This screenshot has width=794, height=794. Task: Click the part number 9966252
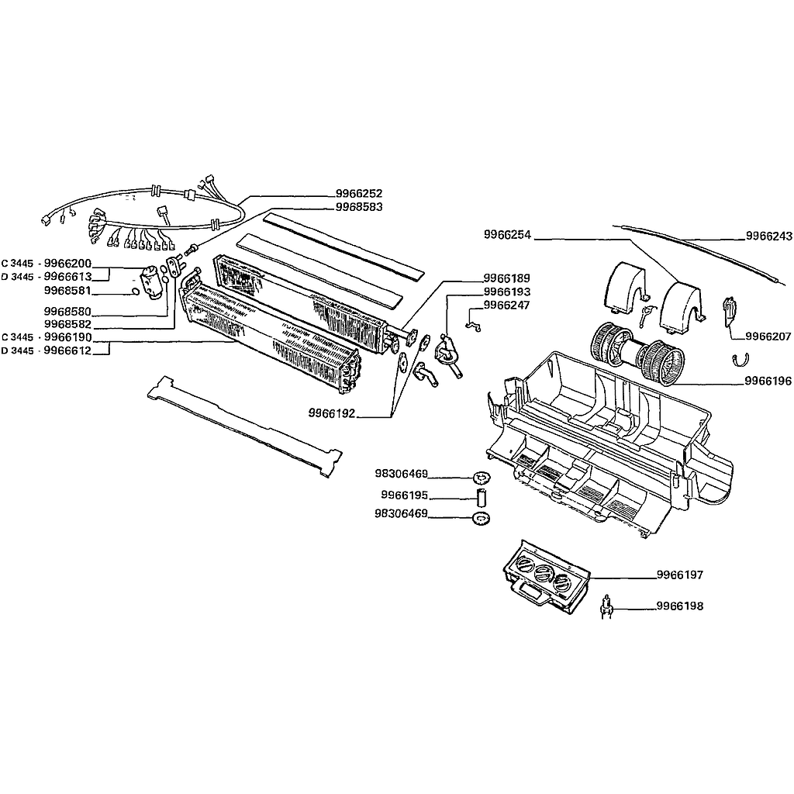pos(359,193)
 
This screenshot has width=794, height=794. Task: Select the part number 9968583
pos(359,207)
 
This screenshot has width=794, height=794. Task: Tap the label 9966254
pos(507,234)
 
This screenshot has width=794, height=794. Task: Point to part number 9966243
pos(768,236)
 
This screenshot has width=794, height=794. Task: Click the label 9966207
pos(768,337)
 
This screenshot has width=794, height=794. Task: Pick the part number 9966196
pos(768,381)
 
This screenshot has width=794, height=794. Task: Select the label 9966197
pos(680,575)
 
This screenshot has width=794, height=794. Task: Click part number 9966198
pos(680,606)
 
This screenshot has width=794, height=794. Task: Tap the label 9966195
pos(405,495)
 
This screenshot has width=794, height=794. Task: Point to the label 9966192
pos(332,413)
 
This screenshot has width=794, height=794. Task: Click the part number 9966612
pos(67,350)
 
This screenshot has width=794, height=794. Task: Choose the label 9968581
pos(67,291)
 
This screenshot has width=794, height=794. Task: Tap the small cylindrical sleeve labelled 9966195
pos(482,497)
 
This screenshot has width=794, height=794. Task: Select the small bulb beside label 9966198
pos(607,606)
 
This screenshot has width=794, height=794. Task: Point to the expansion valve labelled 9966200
pos(150,281)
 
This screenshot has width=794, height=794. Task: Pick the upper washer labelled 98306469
pos(481,477)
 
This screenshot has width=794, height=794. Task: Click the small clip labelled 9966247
pos(473,325)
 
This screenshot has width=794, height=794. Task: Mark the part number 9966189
pos(506,278)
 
